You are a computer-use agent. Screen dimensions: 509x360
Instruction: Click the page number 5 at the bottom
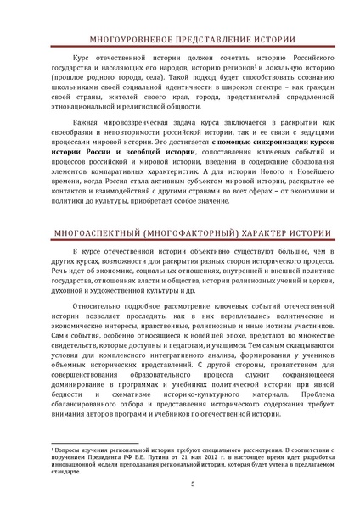click(x=180, y=484)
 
